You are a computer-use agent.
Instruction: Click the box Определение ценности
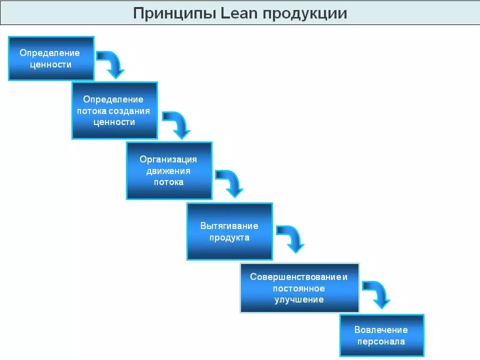tap(51, 58)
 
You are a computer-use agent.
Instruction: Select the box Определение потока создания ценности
tap(114, 110)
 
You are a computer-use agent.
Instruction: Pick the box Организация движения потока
tap(169, 170)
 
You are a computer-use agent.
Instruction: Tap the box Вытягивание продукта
tap(229, 231)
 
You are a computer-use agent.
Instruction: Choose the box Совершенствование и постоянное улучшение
tap(299, 288)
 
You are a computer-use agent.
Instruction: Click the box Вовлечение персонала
tap(381, 335)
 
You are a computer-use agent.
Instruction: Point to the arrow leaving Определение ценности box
tap(111, 63)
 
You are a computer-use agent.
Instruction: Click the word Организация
tap(168, 159)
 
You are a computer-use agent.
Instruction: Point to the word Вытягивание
tap(229, 226)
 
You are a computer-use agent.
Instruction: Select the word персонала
tap(381, 341)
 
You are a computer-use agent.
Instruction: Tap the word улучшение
tap(299, 299)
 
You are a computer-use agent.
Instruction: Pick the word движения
tap(168, 170)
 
